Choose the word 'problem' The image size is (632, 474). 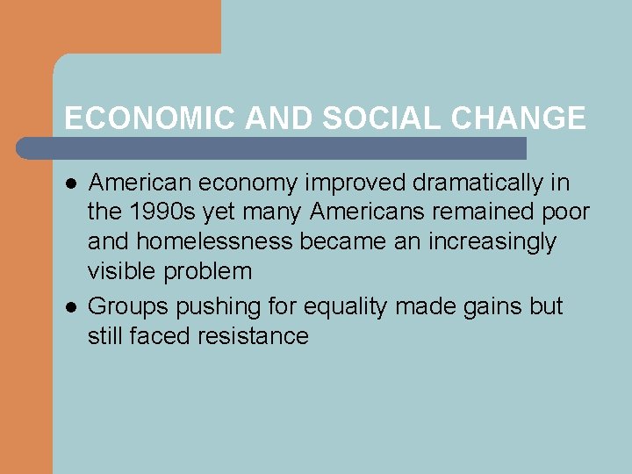[212, 271]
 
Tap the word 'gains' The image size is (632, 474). [496, 306]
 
